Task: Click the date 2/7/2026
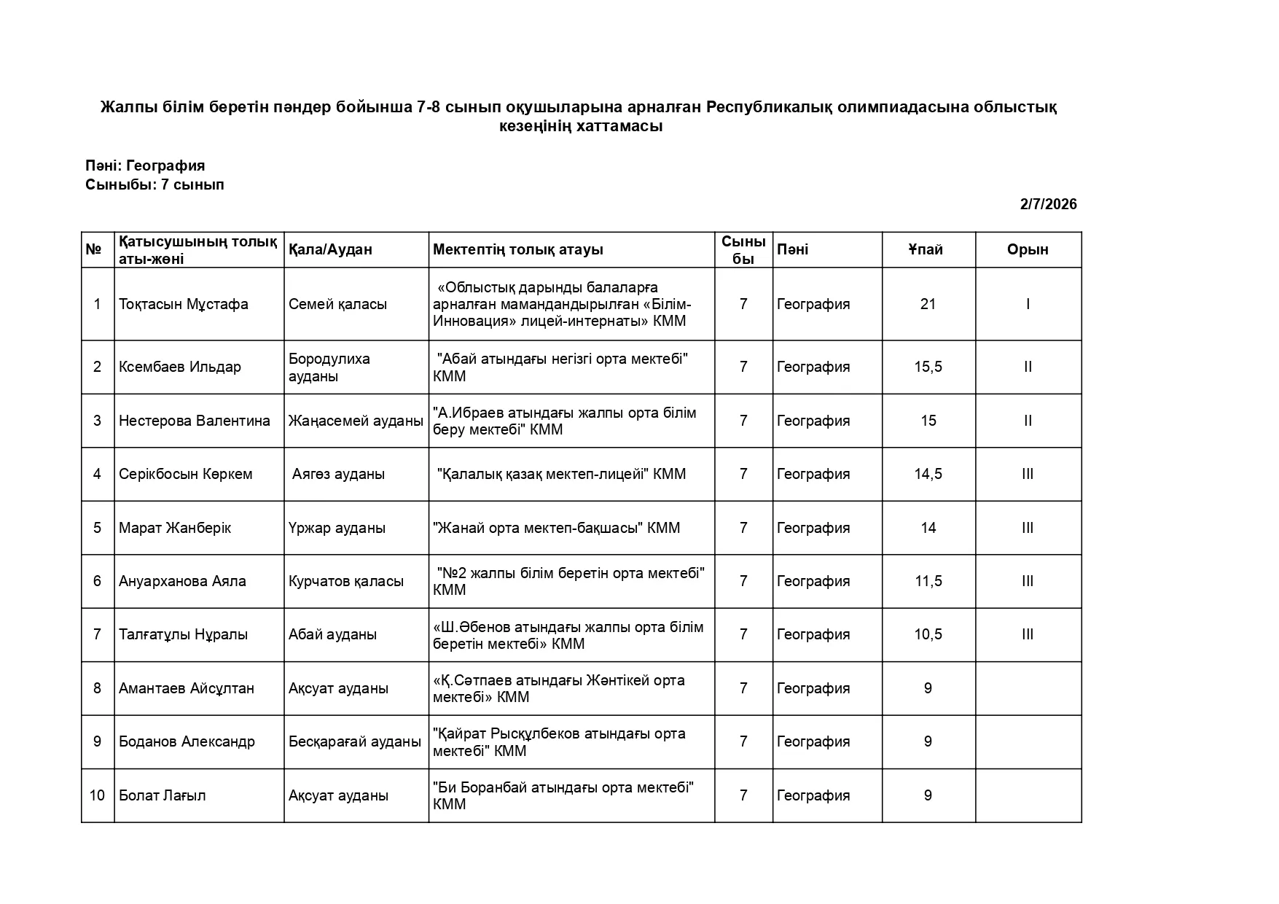[x=1048, y=204]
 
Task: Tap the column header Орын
[x=1028, y=249]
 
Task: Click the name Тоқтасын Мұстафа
[x=184, y=304]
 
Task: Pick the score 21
[x=928, y=304]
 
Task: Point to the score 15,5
[x=928, y=367]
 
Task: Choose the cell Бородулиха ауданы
[x=329, y=367]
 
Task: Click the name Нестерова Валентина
[x=195, y=421]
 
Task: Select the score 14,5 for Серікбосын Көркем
[x=928, y=474]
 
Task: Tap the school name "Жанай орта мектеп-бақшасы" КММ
[x=557, y=528]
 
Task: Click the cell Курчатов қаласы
[x=346, y=581]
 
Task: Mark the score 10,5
[x=928, y=634]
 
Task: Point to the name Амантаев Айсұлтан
[x=187, y=688]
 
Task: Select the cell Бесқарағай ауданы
[x=355, y=741]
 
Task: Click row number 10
[x=97, y=795]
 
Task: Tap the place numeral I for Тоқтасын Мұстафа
[x=1028, y=304]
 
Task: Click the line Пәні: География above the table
[x=145, y=165]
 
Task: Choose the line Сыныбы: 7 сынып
[x=155, y=184]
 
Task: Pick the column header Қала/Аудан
[x=330, y=249]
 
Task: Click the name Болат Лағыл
[x=163, y=795]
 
